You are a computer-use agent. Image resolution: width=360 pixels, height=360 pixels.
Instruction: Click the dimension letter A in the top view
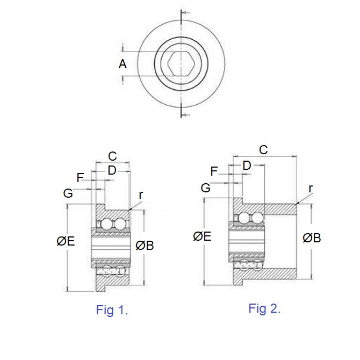(123, 64)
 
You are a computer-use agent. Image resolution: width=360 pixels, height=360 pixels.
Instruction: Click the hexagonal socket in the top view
(181, 64)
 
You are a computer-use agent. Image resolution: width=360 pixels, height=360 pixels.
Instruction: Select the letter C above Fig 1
(112, 156)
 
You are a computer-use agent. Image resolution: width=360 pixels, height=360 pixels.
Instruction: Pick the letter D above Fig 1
(112, 170)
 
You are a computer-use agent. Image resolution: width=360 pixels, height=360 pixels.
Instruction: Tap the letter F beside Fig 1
(81, 178)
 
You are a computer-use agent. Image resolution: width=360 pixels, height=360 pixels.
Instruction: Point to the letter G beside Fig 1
(68, 193)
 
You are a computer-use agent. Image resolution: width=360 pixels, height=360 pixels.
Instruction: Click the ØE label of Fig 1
(66, 242)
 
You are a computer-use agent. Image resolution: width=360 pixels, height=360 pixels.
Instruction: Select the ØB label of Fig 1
(145, 246)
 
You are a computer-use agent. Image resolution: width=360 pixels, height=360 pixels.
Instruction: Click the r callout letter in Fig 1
(141, 195)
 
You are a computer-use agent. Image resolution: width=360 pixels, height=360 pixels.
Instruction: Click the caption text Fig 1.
(112, 310)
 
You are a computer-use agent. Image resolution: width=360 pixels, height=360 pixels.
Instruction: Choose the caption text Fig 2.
(264, 308)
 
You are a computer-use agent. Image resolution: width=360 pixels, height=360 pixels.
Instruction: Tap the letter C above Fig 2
(263, 150)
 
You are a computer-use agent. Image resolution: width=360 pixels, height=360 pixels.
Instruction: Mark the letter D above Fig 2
(247, 165)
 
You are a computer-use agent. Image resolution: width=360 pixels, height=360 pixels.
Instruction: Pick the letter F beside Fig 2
(214, 171)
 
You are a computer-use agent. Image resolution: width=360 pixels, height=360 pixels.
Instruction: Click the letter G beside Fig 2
(206, 188)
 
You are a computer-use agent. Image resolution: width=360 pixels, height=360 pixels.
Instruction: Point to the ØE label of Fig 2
(202, 236)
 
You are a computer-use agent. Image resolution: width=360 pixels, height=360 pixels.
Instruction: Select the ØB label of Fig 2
(312, 238)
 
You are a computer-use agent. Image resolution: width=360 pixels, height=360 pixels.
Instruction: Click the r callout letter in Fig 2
(311, 188)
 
